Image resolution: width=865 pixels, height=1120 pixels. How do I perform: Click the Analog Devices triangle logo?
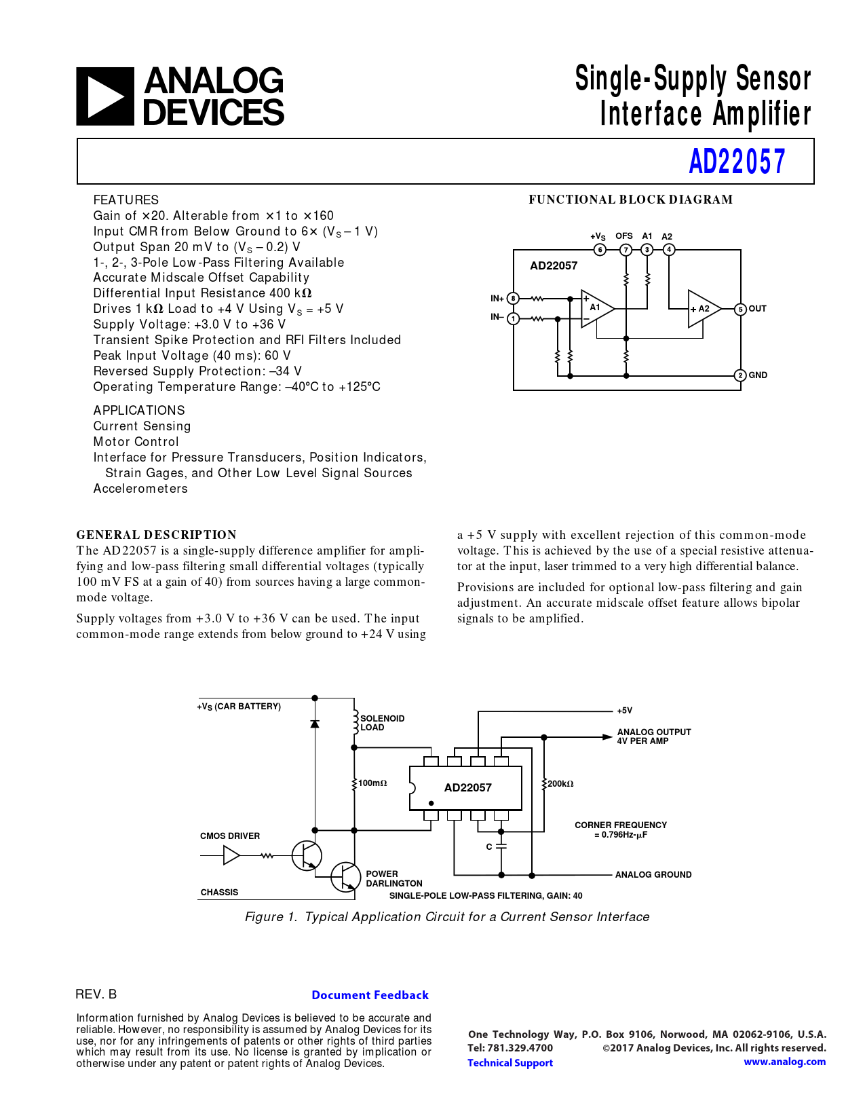click(x=105, y=96)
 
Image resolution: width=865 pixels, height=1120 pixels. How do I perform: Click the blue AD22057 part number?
click(x=737, y=162)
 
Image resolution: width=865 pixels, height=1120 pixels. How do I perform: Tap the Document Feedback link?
click(x=370, y=995)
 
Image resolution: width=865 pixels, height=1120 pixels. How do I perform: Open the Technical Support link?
click(x=510, y=1063)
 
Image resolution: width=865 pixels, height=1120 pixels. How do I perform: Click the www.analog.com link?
click(x=784, y=1062)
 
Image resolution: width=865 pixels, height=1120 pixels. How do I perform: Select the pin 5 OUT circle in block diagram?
click(x=740, y=310)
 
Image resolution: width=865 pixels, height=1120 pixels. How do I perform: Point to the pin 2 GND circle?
click(x=740, y=375)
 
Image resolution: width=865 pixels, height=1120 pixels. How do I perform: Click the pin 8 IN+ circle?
click(x=514, y=299)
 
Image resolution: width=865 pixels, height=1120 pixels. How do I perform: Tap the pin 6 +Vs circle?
click(x=600, y=250)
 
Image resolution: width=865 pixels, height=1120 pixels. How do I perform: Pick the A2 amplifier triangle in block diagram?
click(x=703, y=309)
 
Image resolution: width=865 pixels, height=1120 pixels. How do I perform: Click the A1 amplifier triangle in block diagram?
click(x=596, y=308)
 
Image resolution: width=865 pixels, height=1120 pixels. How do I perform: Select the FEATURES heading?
click(x=126, y=200)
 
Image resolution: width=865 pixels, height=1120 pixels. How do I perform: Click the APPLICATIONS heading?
click(x=139, y=411)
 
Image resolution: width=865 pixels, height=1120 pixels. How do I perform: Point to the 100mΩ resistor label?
click(x=372, y=783)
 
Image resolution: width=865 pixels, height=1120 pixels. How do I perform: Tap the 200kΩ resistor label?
click(x=560, y=784)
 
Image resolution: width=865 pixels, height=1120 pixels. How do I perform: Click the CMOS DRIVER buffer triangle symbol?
click(x=231, y=856)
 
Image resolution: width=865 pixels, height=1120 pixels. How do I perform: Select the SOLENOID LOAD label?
click(x=382, y=723)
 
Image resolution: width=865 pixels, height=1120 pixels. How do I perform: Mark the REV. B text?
click(x=96, y=994)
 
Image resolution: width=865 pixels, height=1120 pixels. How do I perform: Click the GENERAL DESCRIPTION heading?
click(x=157, y=535)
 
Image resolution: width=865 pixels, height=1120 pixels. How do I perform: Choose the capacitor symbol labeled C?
click(x=501, y=847)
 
